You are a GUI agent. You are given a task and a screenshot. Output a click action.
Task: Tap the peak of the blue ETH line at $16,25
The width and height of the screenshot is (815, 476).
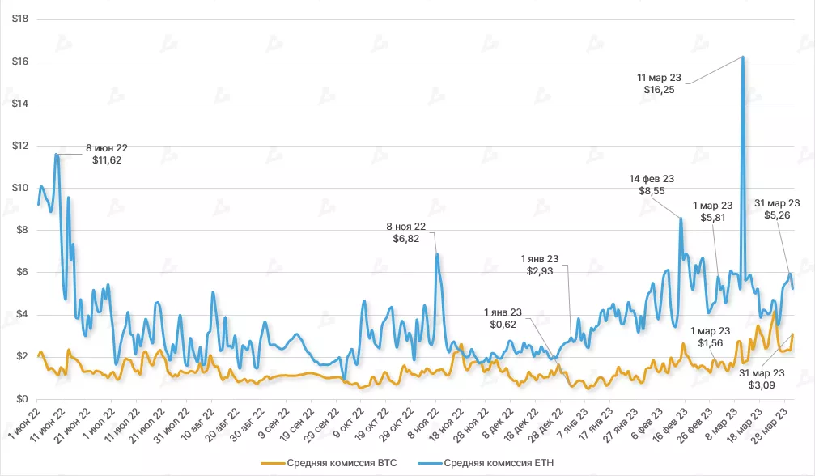(x=743, y=57)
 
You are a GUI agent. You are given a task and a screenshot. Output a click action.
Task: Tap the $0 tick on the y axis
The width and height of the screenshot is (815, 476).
(x=19, y=399)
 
